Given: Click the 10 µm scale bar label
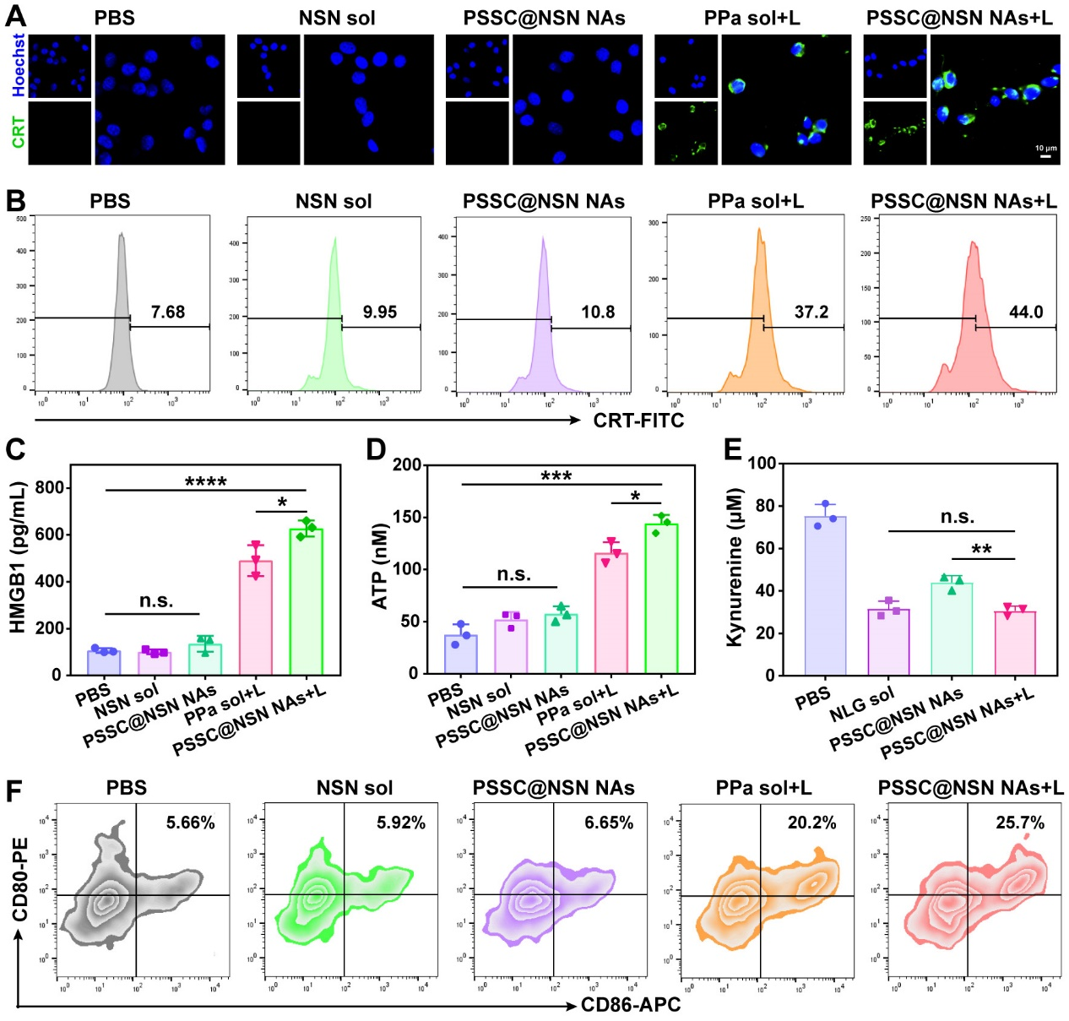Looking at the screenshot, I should pyautogui.click(x=1045, y=148).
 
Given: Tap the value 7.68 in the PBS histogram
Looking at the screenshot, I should pyautogui.click(x=168, y=312).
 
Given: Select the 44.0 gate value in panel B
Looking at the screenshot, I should pyautogui.click(x=1026, y=312).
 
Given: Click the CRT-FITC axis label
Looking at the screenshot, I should pyautogui.click(x=638, y=420).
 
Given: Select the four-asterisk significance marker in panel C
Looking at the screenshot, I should pyautogui.click(x=205, y=483).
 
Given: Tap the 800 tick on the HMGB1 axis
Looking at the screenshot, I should pyautogui.click(x=49, y=488).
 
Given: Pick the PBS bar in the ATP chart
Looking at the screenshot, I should pyautogui.click(x=460, y=654).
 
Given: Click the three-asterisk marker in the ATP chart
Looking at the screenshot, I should pyautogui.click(x=556, y=477).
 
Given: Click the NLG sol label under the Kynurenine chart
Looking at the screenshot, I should pyautogui.click(x=861, y=704).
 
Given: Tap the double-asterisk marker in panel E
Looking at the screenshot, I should pyautogui.click(x=981, y=550).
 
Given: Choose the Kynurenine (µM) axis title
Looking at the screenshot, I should pyautogui.click(x=735, y=568).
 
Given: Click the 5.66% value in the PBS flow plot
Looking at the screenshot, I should pyautogui.click(x=190, y=823).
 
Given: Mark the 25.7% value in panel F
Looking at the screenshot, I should pyautogui.click(x=1020, y=823).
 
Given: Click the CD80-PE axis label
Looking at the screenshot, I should pyautogui.click(x=19, y=879).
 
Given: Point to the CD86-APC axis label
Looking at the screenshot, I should pyautogui.click(x=631, y=1005).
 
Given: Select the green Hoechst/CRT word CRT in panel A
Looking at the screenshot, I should pyautogui.click(x=19, y=133).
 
